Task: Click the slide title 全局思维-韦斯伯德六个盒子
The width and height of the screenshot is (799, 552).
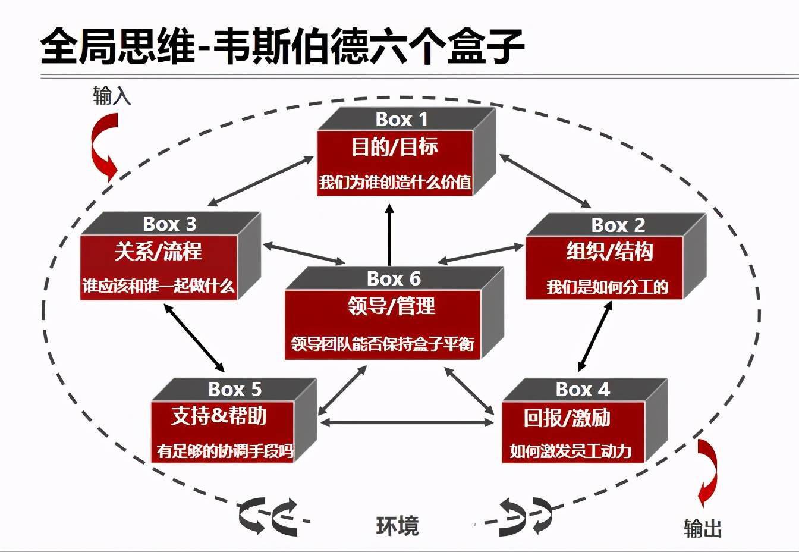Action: (x=282, y=46)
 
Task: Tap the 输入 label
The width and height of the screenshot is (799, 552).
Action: (x=112, y=95)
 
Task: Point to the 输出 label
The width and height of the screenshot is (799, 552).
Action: (x=703, y=528)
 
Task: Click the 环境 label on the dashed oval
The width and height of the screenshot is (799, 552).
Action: (x=397, y=526)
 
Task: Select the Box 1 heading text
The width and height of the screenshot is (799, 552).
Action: (x=401, y=120)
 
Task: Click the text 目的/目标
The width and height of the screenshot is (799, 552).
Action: (x=395, y=147)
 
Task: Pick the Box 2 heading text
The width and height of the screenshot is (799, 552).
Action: (x=618, y=225)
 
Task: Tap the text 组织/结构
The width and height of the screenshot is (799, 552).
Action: (x=609, y=252)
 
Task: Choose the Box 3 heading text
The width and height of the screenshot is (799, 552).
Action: (x=169, y=224)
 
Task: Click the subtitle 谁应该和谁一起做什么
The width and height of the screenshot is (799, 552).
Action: (x=159, y=286)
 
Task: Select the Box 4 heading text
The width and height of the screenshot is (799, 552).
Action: (x=583, y=390)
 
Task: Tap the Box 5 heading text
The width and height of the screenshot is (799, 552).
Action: (x=235, y=390)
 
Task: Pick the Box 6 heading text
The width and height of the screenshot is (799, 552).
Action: (x=394, y=278)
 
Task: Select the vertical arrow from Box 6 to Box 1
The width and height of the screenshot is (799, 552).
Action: (x=390, y=235)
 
